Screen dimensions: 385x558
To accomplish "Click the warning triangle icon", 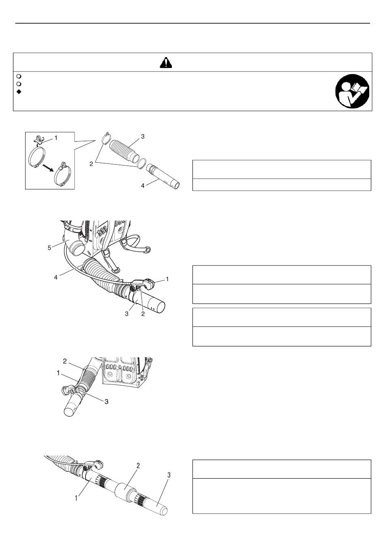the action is [166, 63].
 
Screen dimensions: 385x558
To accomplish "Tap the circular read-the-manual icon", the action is [352, 91].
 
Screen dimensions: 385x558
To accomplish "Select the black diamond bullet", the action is [19, 92].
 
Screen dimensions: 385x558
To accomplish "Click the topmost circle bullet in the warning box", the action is [19, 76].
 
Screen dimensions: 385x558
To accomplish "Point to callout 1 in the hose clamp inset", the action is [56, 138].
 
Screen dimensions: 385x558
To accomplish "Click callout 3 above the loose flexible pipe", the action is [143, 136].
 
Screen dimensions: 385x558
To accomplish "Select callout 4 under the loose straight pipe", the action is [143, 186].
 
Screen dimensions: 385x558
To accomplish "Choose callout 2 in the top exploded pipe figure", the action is [91, 164].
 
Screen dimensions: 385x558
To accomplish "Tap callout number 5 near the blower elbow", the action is [49, 248].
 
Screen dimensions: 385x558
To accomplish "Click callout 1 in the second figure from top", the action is [167, 279].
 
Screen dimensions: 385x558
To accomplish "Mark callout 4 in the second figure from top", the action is [56, 277].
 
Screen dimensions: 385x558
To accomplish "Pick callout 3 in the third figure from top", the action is [107, 401].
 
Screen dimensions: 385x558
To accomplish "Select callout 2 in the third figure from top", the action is [65, 361].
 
